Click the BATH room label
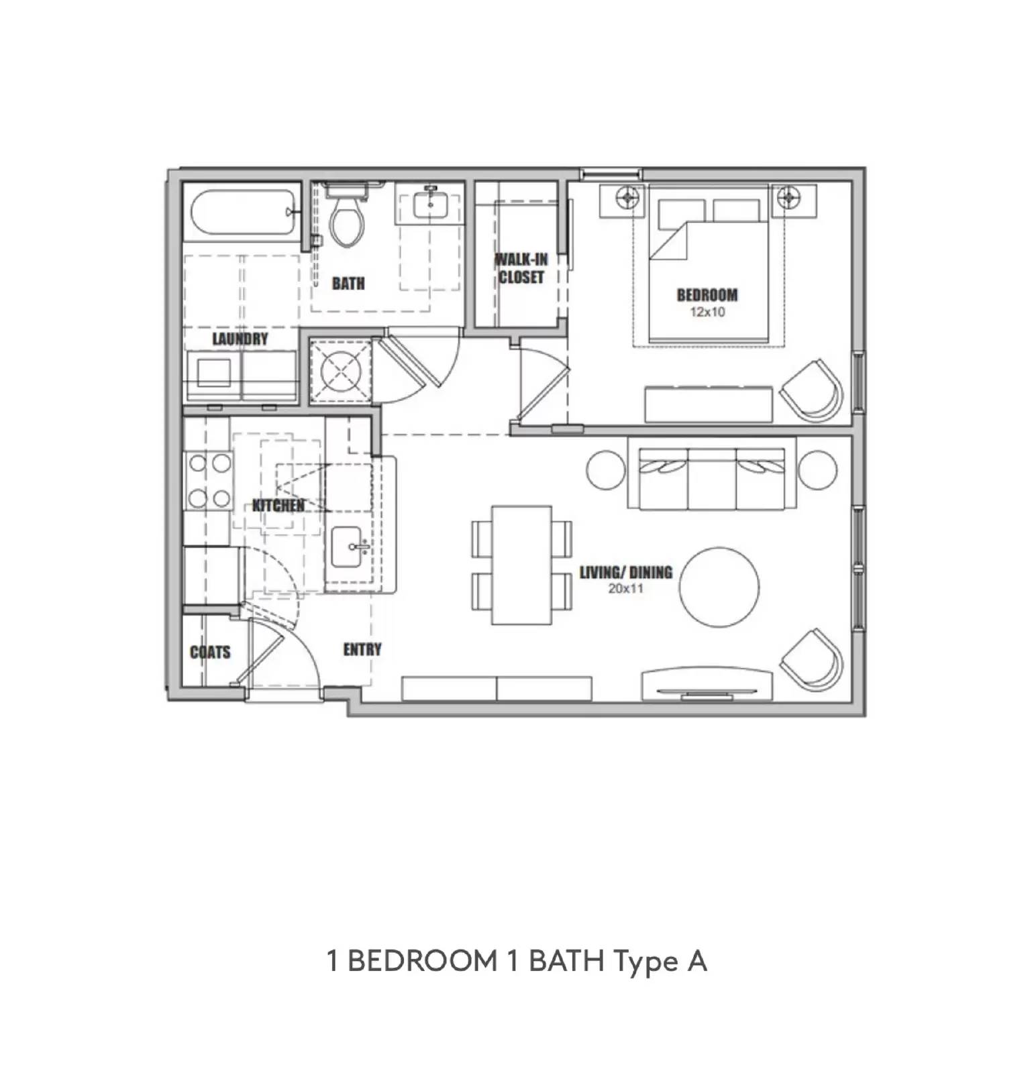point(348,284)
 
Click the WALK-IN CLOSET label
point(521,268)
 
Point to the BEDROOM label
point(707,294)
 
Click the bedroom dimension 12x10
point(707,312)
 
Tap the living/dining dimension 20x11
point(625,589)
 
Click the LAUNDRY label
point(240,339)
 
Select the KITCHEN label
point(278,506)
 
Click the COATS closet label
point(210,652)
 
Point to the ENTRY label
point(362,649)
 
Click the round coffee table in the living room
point(719,587)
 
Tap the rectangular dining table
point(522,565)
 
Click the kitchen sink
point(349,547)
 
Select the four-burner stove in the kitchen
point(209,480)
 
